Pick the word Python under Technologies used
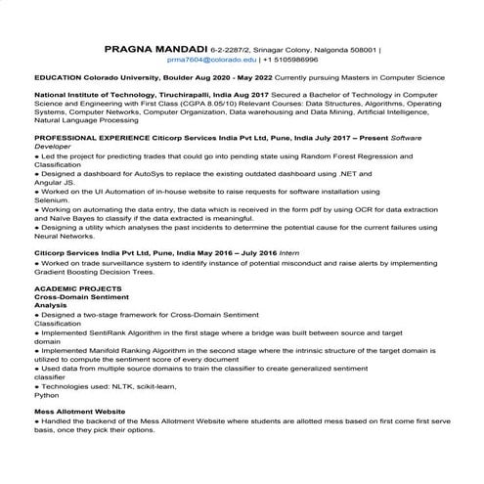click(46, 397)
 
